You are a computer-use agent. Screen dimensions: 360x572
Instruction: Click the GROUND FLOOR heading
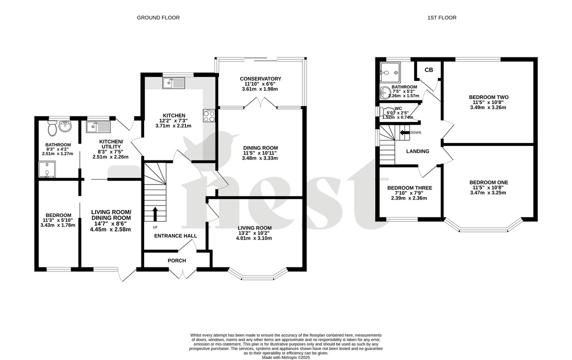pos(158,18)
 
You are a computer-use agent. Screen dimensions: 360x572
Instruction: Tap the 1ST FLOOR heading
pos(441,18)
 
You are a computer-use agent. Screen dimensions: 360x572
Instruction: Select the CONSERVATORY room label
pos(260,79)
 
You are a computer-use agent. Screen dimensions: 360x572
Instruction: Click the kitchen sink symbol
pos(173,82)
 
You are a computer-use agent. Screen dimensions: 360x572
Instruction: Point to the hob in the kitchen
pos(209,116)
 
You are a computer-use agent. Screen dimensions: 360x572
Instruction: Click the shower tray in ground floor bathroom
pos(46,170)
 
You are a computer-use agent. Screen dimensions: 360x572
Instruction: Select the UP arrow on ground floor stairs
pos(154,213)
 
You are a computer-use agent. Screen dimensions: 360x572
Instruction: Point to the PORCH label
pos(176,260)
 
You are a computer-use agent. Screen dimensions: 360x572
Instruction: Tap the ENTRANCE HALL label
pos(175,236)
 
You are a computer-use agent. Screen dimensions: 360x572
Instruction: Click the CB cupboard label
pos(428,70)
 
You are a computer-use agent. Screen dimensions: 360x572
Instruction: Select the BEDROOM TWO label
pos(488,97)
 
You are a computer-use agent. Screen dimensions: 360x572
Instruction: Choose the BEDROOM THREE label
pos(409,188)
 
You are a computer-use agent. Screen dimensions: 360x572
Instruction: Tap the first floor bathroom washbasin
pos(385,92)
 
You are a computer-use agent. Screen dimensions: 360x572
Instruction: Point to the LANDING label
pos(417,151)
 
